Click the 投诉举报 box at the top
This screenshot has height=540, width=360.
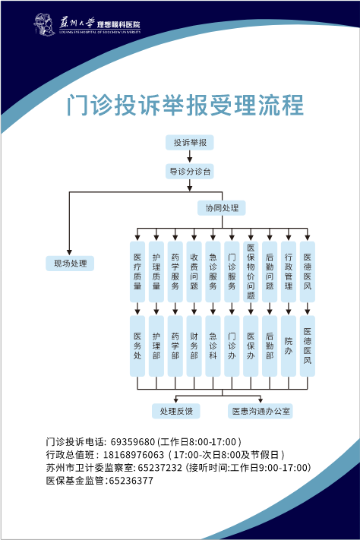coord(189,143)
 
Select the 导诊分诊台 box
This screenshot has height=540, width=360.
coord(189,171)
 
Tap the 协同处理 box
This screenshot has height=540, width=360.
coord(222,208)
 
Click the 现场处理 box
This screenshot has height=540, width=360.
coord(70,264)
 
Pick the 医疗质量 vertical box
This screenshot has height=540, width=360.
coord(137,272)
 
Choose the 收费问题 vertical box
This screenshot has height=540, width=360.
coord(194,272)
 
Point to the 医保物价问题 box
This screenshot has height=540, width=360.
coord(251,272)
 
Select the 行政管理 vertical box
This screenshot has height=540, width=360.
coord(289,272)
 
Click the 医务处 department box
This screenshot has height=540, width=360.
coord(137,346)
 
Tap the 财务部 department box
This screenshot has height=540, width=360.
coord(194,346)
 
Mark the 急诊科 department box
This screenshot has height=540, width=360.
coord(213,346)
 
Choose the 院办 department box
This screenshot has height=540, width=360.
coord(289,346)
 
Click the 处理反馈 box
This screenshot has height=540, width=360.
coord(176,411)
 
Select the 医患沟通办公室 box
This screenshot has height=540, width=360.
coord(261,411)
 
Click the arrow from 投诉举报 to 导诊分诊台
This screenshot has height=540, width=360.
coord(189,156)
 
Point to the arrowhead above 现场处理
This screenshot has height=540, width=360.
coord(69,252)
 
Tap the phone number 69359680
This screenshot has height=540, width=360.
coord(133,442)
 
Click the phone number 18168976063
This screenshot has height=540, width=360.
coord(134,455)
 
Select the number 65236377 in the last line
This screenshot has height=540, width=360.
coord(131,481)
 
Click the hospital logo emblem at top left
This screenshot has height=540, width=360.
coord(45,24)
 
